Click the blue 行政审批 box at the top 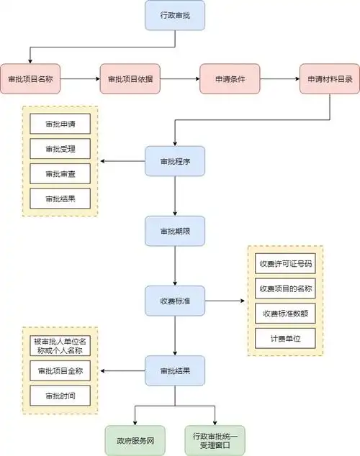(175, 15)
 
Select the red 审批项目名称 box (30, 79)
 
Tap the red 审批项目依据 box (130, 79)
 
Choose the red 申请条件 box (230, 79)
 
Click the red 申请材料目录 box (330, 79)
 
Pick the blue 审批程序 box (175, 161)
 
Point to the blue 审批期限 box (175, 230)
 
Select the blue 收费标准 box (175, 300)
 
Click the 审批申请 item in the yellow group (60, 124)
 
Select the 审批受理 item (60, 149)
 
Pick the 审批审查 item (60, 173)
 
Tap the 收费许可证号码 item (285, 263)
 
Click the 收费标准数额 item (285, 313)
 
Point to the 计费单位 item (285, 337)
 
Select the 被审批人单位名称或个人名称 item (60, 345)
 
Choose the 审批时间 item (60, 396)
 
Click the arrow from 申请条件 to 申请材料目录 (279, 79)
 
